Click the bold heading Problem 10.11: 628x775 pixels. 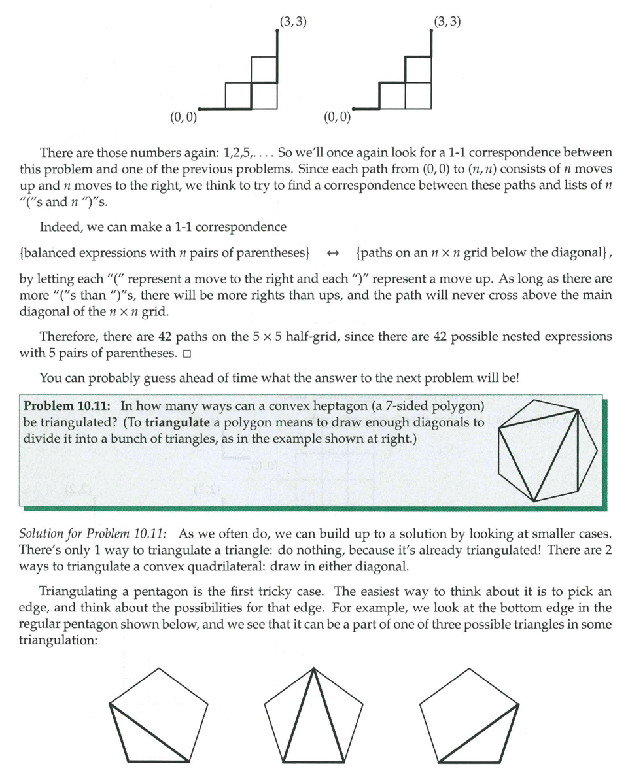click(69, 405)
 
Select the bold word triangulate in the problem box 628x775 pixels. click(177, 422)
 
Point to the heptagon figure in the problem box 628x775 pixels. click(548, 451)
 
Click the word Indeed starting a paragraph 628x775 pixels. click(61, 227)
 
